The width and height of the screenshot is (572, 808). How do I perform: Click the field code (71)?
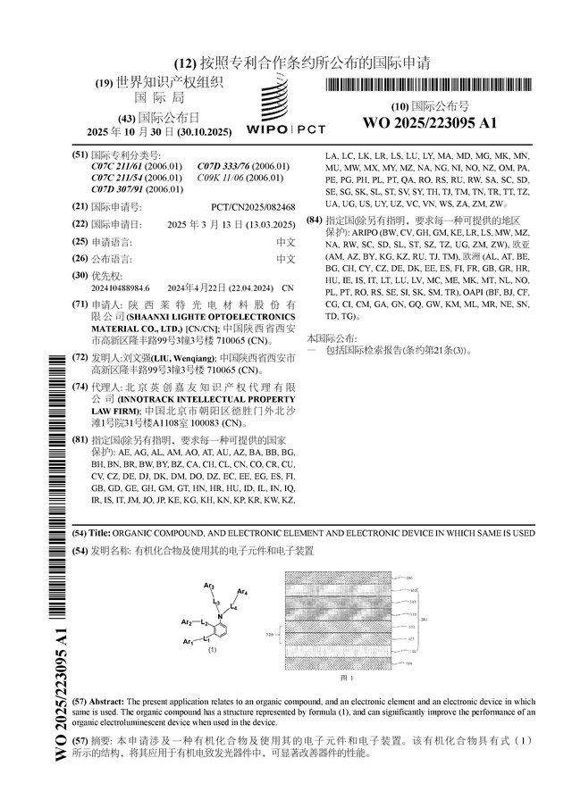(80, 304)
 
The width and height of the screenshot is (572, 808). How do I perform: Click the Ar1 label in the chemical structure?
(188, 643)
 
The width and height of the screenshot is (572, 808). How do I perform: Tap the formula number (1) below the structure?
(212, 651)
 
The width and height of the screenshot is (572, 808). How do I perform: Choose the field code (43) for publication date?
(119, 118)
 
